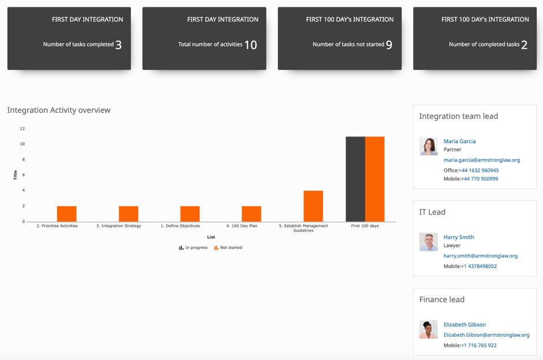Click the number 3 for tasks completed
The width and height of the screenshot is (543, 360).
(118, 45)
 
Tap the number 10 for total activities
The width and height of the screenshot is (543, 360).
(250, 45)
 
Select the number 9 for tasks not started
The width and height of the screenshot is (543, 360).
(389, 45)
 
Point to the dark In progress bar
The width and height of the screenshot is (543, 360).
(356, 179)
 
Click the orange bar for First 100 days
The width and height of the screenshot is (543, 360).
(375, 179)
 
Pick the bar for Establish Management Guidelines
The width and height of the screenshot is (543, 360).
(313, 206)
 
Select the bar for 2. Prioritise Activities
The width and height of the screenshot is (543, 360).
(66, 214)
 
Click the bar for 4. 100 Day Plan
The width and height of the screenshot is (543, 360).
(251, 214)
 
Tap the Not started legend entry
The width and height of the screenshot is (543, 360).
(228, 247)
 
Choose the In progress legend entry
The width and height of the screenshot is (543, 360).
(193, 247)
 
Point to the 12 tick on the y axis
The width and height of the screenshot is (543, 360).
(22, 128)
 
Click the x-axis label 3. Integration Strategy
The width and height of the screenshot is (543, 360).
(119, 226)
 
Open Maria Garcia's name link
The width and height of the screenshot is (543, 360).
(460, 142)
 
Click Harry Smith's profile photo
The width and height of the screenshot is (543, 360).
(429, 242)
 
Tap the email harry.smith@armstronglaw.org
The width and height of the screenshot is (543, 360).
(480, 256)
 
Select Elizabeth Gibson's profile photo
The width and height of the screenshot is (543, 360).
(429, 329)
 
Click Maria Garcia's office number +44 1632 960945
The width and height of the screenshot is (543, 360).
(479, 170)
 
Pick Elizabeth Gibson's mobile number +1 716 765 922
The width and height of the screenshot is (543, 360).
(478, 345)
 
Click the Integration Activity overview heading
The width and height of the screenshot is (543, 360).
(59, 110)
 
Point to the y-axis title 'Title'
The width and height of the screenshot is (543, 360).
(15, 175)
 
